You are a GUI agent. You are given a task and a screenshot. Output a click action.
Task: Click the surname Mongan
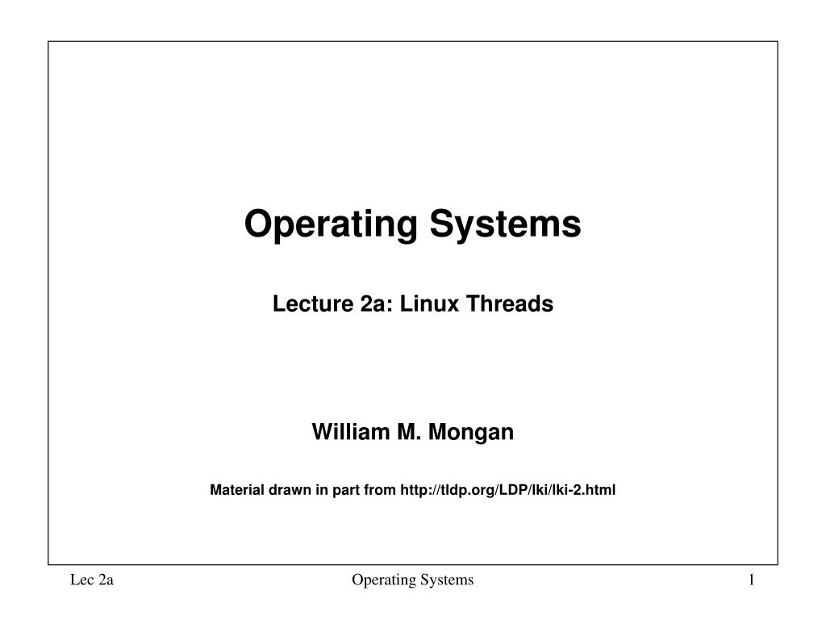(x=470, y=433)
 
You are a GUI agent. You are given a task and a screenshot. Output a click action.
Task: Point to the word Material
(x=233, y=489)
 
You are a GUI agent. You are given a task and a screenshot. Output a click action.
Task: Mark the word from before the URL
(x=381, y=489)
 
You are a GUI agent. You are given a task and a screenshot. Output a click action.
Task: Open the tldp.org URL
(x=507, y=489)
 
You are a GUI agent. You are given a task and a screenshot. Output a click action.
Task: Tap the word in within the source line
(x=321, y=489)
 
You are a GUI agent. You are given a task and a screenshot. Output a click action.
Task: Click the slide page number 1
(x=750, y=580)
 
